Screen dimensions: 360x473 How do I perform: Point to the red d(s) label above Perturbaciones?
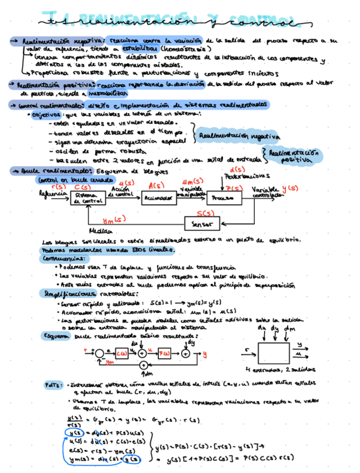(237, 170)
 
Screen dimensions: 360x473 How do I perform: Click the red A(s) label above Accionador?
(157, 186)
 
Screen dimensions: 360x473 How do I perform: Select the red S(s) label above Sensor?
(206, 213)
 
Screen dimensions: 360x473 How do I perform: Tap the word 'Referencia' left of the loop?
(50, 194)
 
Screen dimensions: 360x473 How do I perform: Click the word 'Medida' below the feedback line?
(99, 230)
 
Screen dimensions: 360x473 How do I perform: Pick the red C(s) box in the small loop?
(123, 353)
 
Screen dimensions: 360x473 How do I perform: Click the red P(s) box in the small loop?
(164, 353)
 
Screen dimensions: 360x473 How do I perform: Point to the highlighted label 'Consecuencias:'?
(64, 259)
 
